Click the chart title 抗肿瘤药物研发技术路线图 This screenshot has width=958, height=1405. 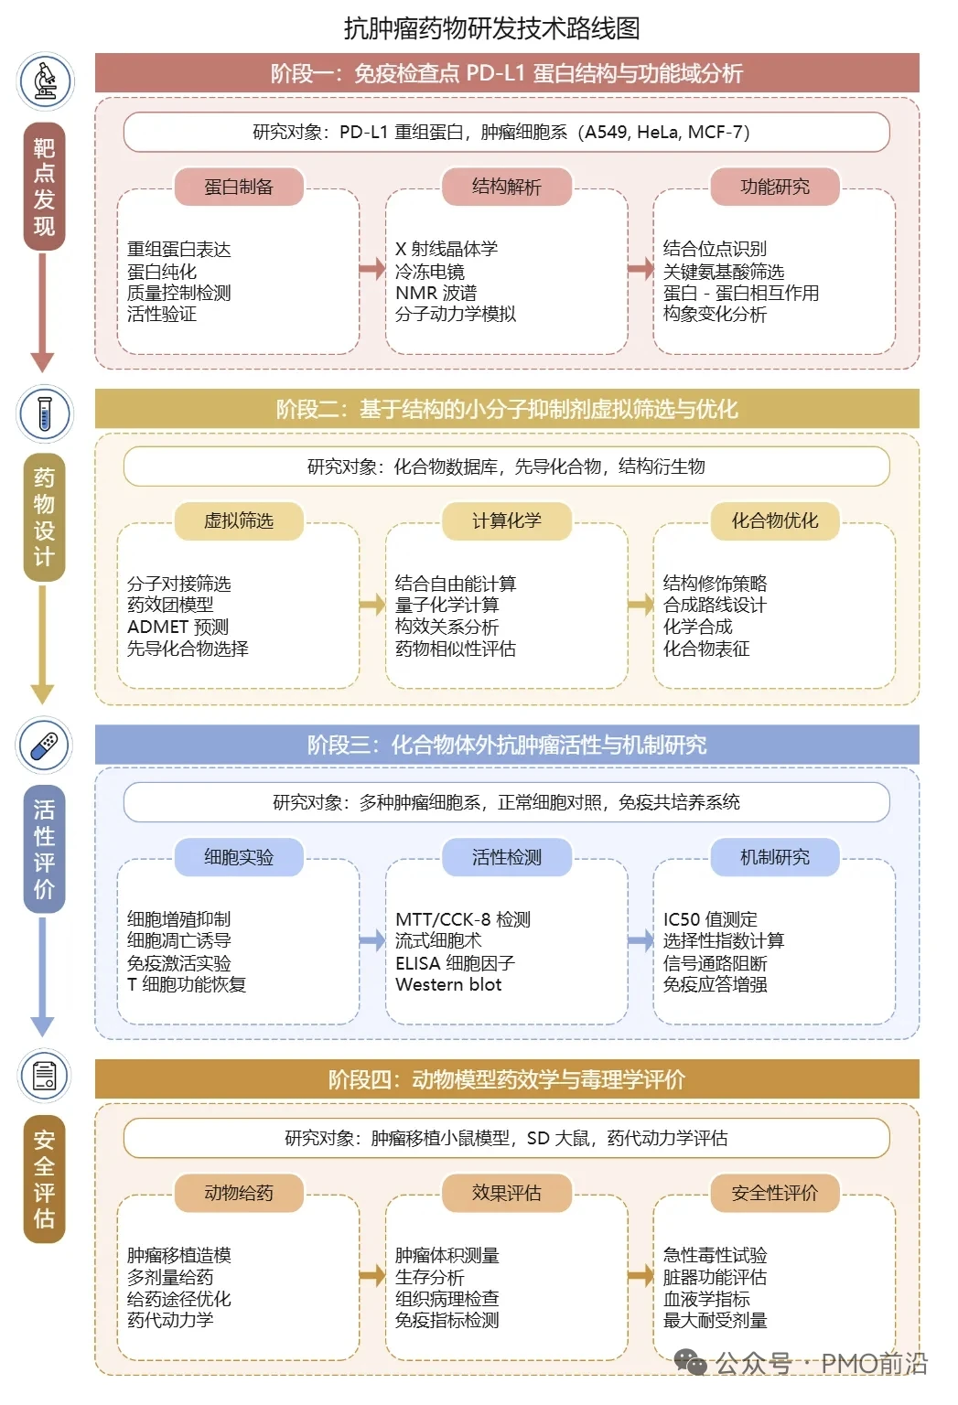point(491,28)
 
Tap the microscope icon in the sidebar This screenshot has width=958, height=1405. point(45,80)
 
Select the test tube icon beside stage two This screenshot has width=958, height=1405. point(45,413)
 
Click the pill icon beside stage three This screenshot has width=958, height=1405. point(45,745)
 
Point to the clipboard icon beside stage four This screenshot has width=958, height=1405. point(45,1075)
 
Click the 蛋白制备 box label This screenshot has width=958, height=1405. point(239,187)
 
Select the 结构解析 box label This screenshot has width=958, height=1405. point(506,187)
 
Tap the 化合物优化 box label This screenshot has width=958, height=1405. point(774,520)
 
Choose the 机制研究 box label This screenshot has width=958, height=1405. point(774,857)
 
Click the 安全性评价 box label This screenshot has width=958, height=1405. point(774,1193)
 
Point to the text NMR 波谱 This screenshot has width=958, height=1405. point(436,293)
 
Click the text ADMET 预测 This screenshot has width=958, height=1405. point(178,627)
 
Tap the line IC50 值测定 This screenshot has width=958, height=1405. point(710,918)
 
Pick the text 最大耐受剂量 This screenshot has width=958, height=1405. point(715,1320)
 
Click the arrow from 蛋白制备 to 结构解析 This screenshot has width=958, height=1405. point(372,269)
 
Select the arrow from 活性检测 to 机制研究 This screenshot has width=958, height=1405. point(640,939)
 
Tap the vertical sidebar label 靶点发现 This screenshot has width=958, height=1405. point(44,187)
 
